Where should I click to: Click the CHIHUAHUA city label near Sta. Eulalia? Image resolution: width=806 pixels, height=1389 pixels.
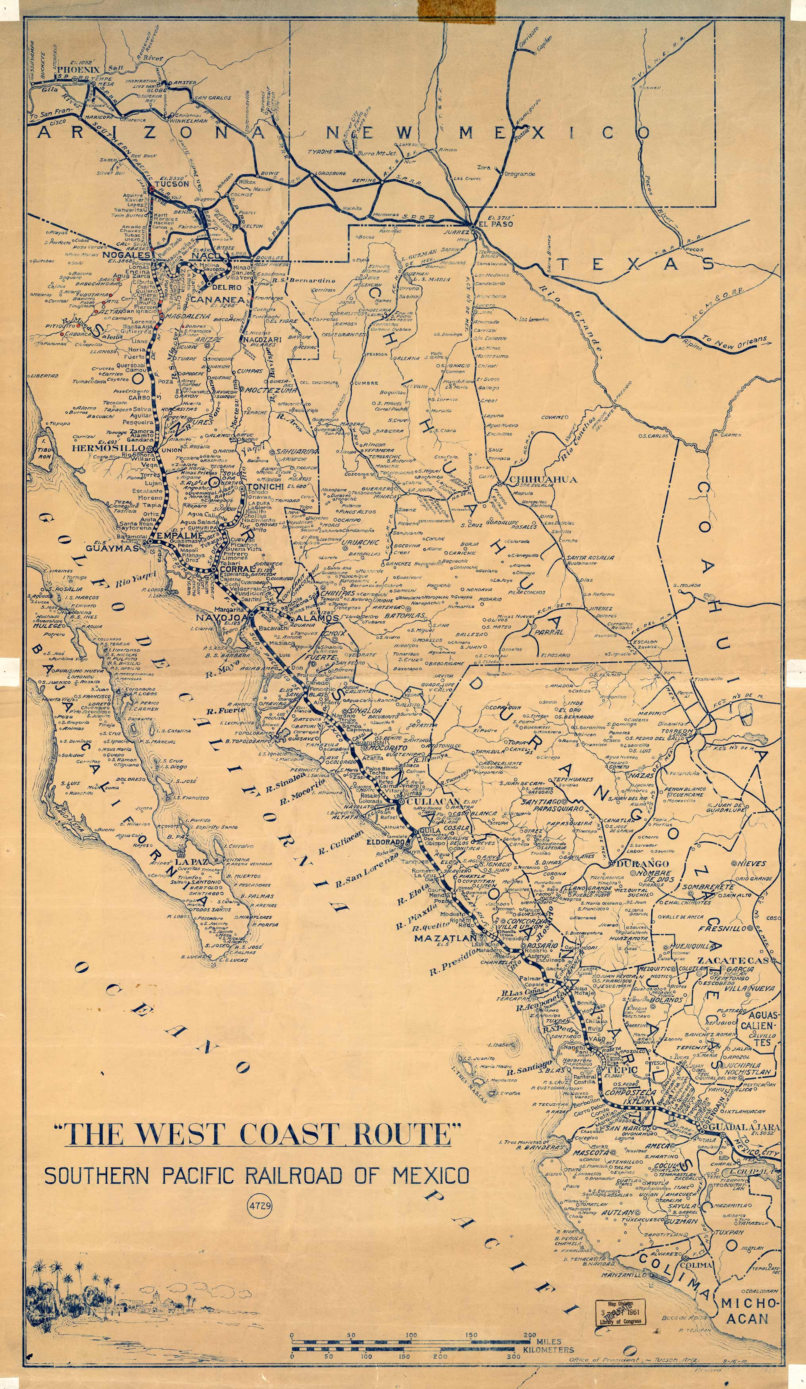click(542, 479)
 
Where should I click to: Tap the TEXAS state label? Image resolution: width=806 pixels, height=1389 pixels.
click(635, 265)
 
